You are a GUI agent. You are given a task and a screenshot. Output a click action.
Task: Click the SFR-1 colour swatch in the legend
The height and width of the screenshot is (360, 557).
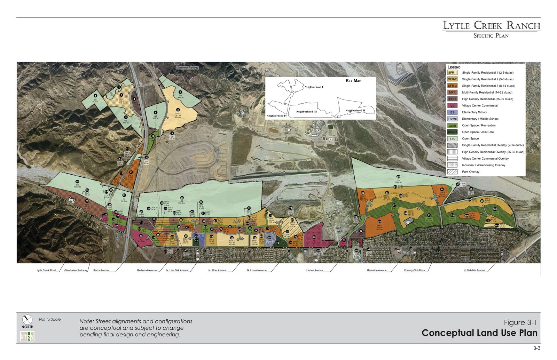point(452,73)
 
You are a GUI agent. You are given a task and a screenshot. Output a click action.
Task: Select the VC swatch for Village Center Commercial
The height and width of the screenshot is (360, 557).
point(452,106)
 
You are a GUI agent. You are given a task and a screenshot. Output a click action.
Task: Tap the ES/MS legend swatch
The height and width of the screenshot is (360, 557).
point(452,119)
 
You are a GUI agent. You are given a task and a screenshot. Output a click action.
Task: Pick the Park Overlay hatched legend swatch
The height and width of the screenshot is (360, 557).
point(452,172)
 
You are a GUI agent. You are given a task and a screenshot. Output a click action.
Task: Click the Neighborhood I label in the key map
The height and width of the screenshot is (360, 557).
point(314,87)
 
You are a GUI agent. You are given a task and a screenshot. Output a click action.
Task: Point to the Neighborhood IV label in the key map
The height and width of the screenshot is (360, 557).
point(277,116)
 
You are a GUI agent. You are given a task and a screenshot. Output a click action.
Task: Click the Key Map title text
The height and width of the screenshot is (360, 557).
point(353,81)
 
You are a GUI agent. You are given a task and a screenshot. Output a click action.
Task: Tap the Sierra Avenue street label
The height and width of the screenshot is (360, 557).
point(101,270)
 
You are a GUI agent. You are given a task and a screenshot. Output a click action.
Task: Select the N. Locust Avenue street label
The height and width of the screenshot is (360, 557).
point(257,270)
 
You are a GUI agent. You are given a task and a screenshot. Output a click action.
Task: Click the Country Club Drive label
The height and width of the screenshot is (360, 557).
point(414,270)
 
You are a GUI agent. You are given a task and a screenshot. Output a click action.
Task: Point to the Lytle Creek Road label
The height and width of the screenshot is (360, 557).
point(46,270)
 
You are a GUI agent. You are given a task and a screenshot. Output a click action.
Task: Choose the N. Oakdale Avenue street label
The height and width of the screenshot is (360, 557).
point(474,270)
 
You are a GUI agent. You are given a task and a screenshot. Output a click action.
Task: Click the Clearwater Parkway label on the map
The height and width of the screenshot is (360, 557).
point(187,67)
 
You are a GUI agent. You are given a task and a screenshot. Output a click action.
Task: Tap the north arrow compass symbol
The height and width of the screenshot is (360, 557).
point(27,319)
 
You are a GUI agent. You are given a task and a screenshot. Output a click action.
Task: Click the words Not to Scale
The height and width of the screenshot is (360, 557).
point(50,319)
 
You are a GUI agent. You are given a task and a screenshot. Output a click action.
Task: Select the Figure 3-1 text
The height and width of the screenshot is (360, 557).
point(520,322)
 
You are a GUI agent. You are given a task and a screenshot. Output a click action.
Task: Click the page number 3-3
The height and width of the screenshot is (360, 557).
point(536,348)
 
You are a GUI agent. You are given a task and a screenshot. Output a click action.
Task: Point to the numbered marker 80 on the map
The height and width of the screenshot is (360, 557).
point(398,177)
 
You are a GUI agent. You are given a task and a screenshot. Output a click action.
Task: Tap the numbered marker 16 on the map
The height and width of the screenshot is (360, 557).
point(77,182)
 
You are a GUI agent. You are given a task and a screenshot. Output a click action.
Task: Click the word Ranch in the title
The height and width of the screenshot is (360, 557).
point(523,25)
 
